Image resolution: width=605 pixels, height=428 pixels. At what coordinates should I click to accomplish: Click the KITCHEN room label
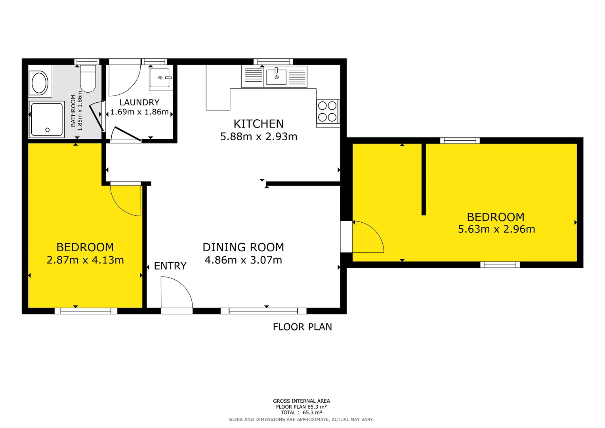258,124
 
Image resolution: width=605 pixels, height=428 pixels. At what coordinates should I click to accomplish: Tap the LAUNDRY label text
139,102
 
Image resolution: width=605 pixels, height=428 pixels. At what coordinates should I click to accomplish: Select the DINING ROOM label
243,247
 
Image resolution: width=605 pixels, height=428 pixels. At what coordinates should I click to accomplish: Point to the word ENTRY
170,266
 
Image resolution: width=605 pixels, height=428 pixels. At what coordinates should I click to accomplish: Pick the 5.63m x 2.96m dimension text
496,229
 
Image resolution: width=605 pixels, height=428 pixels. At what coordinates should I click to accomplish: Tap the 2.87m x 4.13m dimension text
85,260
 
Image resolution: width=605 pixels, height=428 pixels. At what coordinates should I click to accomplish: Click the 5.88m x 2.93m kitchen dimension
258,136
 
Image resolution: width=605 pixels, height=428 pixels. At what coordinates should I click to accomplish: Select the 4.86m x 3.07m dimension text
243,260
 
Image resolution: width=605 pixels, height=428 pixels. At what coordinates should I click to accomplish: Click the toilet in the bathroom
88,78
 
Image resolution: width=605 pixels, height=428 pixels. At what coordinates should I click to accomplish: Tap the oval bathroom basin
40,83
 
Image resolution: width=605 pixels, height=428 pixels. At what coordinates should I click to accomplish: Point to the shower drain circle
48,130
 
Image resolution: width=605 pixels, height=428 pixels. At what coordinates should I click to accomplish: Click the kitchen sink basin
276,77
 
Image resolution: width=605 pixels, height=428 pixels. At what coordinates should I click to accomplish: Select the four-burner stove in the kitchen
328,112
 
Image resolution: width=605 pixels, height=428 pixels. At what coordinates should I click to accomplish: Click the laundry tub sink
161,78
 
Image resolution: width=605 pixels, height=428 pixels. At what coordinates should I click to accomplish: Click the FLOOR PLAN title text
302,327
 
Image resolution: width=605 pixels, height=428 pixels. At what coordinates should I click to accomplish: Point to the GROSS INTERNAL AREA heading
302,401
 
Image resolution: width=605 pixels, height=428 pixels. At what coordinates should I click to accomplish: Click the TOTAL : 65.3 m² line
302,412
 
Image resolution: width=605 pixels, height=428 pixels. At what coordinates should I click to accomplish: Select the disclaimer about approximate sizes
302,420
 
